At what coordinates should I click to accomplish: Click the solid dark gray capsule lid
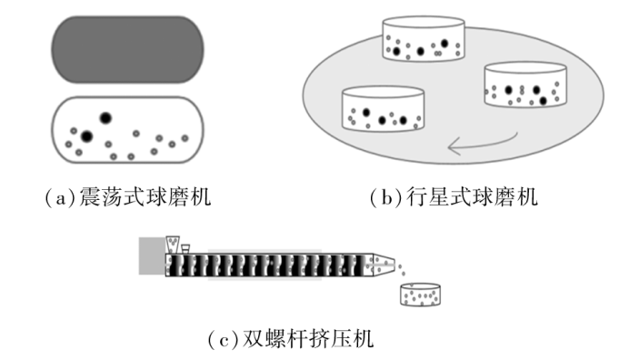[x=127, y=49]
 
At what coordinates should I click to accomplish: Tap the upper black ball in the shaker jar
[x=105, y=117]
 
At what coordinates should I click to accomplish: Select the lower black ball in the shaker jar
[x=86, y=136]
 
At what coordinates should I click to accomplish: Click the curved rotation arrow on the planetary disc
[x=483, y=145]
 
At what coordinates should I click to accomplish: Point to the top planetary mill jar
[x=424, y=39]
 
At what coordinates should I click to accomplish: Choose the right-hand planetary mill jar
[x=525, y=84]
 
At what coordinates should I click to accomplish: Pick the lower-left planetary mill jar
[x=383, y=108]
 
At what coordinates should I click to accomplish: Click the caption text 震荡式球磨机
[x=145, y=196]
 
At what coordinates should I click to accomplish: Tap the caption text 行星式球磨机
[x=472, y=196]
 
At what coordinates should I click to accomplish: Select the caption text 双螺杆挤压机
[x=308, y=339]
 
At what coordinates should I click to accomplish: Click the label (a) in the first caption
[x=60, y=197]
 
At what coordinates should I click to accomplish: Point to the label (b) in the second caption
[x=386, y=197]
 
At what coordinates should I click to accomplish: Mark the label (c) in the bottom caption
[x=223, y=339]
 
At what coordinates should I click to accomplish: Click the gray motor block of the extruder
[x=152, y=255]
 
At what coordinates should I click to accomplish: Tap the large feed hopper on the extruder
[x=173, y=245]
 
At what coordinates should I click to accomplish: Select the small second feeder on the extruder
[x=185, y=249]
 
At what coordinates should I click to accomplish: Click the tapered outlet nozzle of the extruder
[x=384, y=265]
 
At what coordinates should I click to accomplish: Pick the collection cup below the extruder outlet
[x=421, y=295]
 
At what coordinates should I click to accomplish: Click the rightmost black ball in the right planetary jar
[x=544, y=101]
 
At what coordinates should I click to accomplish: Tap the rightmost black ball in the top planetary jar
[x=444, y=43]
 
